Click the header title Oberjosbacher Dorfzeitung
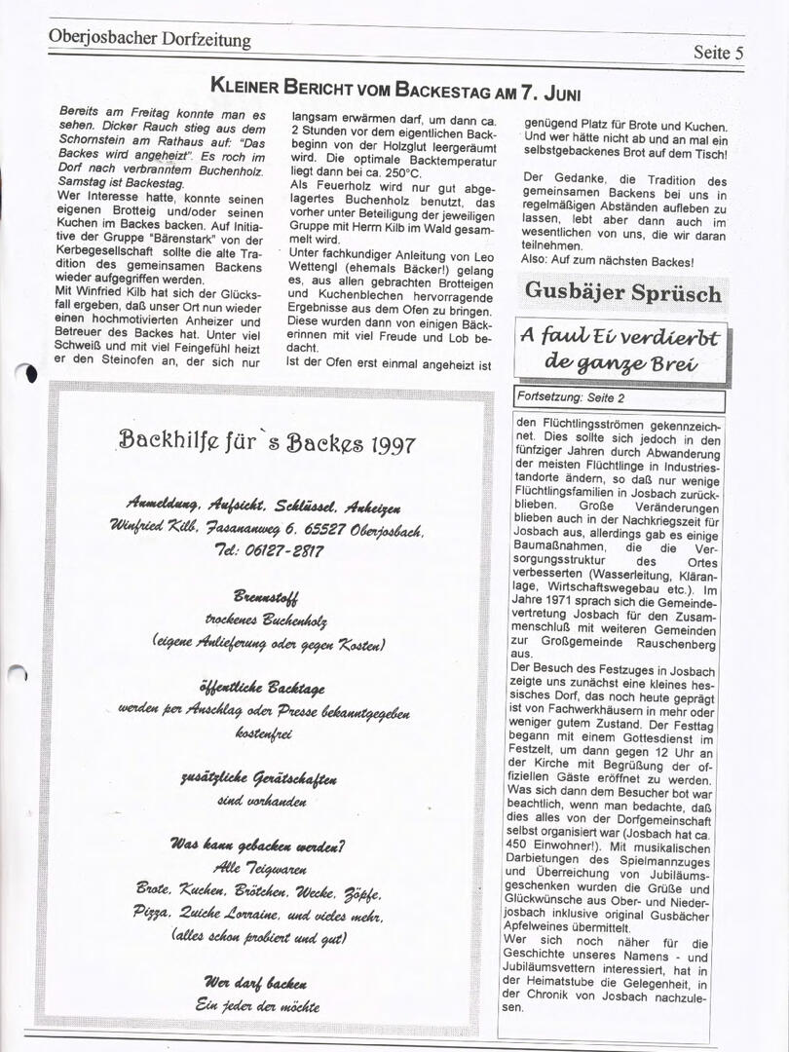point(149,40)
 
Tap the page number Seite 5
point(718,53)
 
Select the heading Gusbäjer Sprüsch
point(623,291)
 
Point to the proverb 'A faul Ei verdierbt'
point(620,337)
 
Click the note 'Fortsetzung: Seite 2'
point(572,397)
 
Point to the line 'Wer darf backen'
point(256,982)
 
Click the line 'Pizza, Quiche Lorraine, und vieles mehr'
point(258,915)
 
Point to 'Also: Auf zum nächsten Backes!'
point(608,262)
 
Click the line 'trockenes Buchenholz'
point(266,620)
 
